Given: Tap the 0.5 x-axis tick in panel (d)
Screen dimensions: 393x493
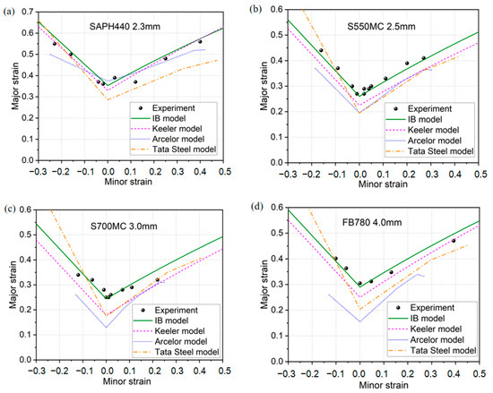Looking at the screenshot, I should coord(480,374).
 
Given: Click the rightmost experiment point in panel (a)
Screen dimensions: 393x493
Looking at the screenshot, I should coord(200,41).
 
